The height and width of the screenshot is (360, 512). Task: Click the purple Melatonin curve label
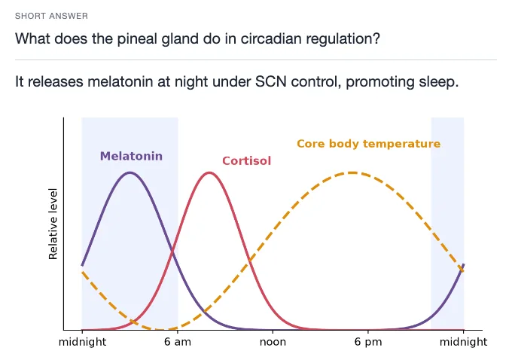point(131,156)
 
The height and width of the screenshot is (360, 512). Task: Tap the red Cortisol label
point(246,160)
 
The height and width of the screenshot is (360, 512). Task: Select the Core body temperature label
point(369,144)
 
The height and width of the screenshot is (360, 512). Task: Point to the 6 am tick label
point(177,342)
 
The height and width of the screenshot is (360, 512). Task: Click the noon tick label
point(273,342)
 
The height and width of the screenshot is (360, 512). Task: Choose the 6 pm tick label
point(368,342)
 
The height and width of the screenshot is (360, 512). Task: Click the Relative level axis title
point(53,224)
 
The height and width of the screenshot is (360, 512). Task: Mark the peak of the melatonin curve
point(130,172)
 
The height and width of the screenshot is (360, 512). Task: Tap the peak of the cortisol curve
point(209,172)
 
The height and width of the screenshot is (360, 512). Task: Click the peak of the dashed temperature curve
point(352,172)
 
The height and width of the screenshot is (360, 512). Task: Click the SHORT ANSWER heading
point(51,16)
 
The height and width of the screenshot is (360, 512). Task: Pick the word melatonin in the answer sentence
point(120,81)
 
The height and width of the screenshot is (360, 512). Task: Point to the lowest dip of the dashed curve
point(165,329)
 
